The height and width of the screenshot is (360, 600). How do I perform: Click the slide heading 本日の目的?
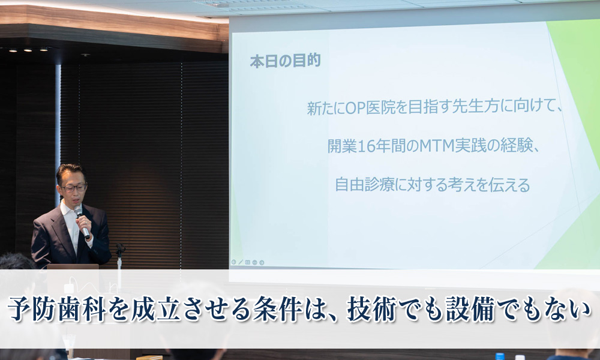point(285,61)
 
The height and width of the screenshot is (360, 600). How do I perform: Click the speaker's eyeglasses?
point(74,187)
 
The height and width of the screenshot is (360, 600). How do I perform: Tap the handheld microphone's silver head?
point(78,211)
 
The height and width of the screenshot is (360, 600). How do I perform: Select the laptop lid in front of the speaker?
point(73,266)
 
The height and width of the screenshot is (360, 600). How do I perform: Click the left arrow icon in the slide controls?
point(234,262)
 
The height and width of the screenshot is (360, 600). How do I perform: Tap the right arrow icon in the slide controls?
point(262,262)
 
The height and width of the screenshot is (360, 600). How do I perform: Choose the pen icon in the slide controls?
point(241,262)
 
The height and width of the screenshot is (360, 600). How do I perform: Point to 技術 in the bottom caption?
point(372,309)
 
